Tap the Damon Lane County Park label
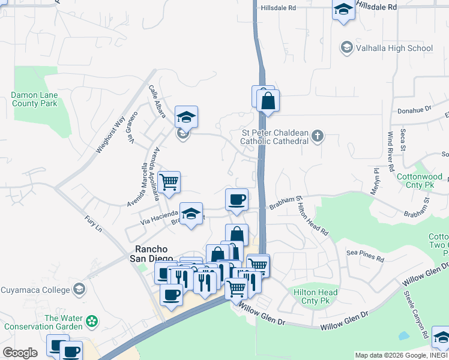(34, 99)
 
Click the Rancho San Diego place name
(150, 254)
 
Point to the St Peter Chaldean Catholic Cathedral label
(274, 137)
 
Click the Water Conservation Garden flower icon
(91, 322)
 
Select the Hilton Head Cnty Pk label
(315, 296)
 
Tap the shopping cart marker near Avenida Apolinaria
(169, 182)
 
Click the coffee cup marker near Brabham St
(237, 199)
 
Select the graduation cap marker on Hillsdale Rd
(343, 10)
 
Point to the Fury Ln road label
(94, 225)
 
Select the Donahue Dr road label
(415, 110)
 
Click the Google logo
(20, 352)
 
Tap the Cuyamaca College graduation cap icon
(78, 290)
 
